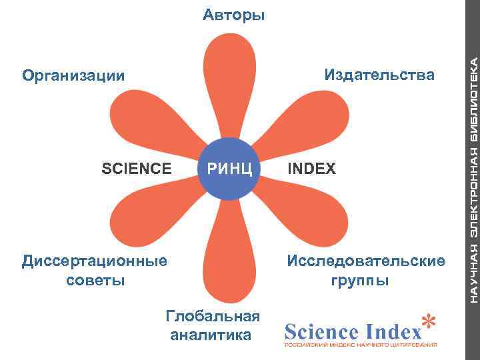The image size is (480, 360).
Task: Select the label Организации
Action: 73,75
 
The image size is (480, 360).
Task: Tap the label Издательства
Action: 379,74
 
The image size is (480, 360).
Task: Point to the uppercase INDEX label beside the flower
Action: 311,169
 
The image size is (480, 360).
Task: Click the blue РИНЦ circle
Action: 229,168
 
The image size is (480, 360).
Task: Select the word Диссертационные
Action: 95,260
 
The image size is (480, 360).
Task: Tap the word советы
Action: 95,279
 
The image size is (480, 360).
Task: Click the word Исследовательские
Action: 365,260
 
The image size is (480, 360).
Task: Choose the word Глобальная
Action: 212,315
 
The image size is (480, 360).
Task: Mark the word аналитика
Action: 211,335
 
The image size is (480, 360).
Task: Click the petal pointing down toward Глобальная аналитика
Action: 229,253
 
